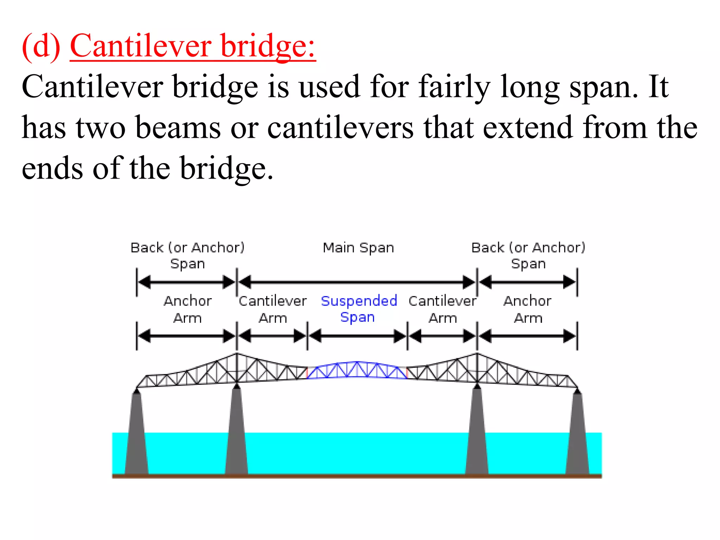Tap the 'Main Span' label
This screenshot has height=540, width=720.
tap(358, 248)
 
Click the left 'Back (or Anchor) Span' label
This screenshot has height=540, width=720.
tap(187, 255)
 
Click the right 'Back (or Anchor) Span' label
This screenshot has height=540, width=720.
tap(528, 255)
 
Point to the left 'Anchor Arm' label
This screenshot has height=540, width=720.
tap(187, 309)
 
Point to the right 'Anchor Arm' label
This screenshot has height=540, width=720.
tap(528, 309)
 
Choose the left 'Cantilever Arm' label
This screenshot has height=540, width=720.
tap(273, 309)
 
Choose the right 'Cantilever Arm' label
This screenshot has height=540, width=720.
tap(443, 309)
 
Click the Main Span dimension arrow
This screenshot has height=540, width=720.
tap(357, 282)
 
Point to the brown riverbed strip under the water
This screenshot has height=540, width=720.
tap(357, 476)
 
